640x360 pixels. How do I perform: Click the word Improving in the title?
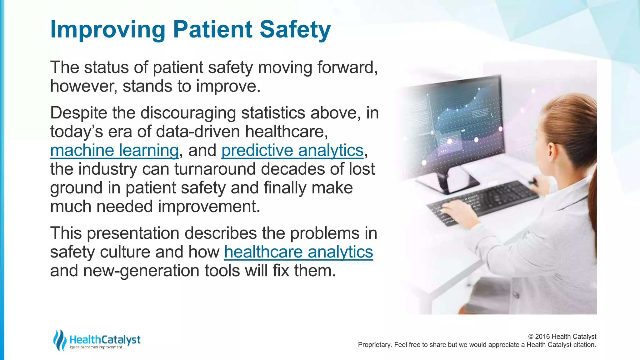coord(107,30)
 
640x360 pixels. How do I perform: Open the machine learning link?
coord(114,150)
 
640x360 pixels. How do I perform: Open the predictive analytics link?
coord(292,150)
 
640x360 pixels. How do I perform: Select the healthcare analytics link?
coord(298,252)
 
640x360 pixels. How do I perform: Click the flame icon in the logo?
coord(59,340)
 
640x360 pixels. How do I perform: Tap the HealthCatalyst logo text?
coord(105,339)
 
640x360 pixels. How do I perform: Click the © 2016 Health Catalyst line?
coord(562,337)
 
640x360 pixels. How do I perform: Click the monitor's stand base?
coord(450,183)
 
